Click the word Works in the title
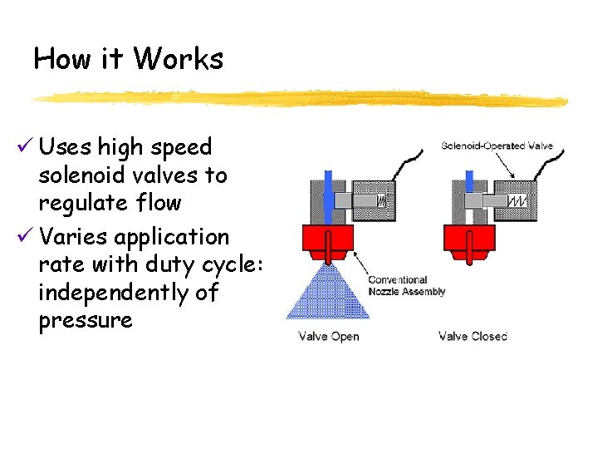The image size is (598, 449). (178, 59)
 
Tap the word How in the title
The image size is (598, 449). (56, 59)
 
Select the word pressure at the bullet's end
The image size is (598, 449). (86, 321)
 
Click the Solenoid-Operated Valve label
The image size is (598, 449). (497, 146)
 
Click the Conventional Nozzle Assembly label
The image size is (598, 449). (407, 286)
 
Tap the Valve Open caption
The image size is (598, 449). (329, 337)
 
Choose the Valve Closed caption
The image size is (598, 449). (473, 337)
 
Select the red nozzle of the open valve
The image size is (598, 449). (328, 240)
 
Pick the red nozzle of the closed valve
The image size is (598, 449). (471, 240)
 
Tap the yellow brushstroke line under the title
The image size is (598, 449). (299, 99)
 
